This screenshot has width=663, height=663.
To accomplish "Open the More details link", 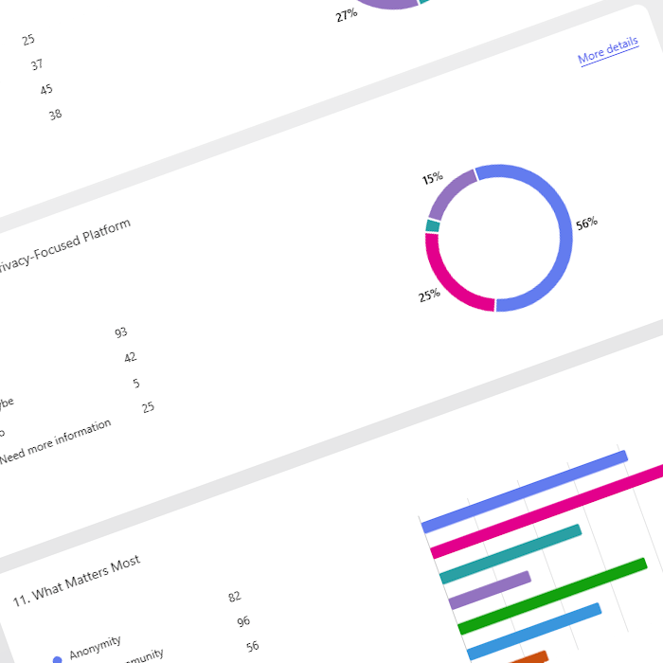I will pos(608,51).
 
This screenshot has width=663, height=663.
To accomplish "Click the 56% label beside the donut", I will pos(586,224).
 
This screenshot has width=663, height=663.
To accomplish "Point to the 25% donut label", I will pos(429,296).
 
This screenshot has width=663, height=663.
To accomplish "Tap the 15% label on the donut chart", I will pos(433,177).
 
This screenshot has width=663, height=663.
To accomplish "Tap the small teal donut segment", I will pos(433,225).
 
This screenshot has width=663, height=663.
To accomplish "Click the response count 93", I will pos(120,332).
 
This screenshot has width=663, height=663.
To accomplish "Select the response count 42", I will pos(130,357).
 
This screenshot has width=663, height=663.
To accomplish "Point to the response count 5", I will pos(136,383).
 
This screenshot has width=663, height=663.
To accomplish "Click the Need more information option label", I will pos(56,440).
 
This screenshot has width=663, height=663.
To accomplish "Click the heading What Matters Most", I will pos(77,582).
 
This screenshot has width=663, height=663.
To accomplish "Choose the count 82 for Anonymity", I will pos(235,597).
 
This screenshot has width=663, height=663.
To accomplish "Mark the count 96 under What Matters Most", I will pos(243,621).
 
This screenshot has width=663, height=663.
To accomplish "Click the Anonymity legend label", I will pos(94,647).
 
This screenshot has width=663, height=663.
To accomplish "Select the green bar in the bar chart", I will pos(552,596).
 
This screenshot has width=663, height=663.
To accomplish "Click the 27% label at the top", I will pos(346,15).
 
